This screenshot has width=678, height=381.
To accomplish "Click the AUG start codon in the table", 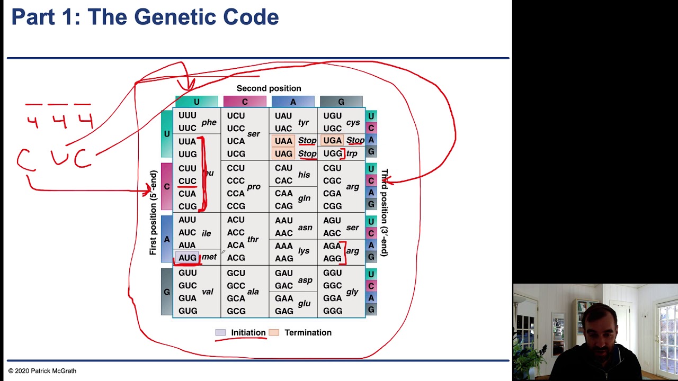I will click(x=188, y=258).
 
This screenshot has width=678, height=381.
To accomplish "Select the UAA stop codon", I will click(x=283, y=141).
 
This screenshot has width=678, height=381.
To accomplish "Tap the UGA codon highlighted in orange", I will click(x=332, y=140).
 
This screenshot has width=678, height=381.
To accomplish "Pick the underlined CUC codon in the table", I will click(x=188, y=181).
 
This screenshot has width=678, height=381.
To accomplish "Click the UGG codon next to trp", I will click(x=332, y=153).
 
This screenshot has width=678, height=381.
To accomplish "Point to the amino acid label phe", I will click(x=209, y=122).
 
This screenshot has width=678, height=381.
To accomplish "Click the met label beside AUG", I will click(x=209, y=257).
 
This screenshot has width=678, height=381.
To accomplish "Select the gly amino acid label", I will click(x=352, y=292).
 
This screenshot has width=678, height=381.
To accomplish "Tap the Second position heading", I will click(x=269, y=88).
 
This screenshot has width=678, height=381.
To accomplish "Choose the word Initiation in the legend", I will click(x=248, y=332).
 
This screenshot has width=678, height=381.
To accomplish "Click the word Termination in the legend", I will click(x=308, y=332).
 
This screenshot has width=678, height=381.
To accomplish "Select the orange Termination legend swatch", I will click(x=274, y=332).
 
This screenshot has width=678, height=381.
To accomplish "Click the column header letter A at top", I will click(x=293, y=102).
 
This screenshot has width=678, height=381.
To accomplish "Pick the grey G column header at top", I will click(x=341, y=102).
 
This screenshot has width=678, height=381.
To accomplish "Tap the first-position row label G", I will click(x=167, y=292).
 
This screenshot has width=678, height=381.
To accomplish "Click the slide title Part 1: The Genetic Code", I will click(x=145, y=17).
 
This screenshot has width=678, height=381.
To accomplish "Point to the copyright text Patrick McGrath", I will click(x=42, y=371).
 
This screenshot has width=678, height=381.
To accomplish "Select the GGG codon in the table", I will click(x=332, y=311).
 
